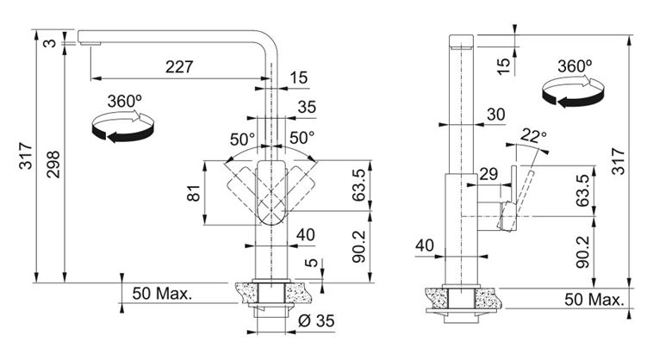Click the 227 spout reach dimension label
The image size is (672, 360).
tap(179, 67)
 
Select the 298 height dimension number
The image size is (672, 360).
tap(53, 164)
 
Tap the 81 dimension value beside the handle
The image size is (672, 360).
tap(194, 193)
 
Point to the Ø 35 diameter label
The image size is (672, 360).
tap(316, 321)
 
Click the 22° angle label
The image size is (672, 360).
tap(533, 135)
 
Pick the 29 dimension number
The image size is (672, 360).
tap(488, 174)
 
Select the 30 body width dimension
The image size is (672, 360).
tap(496, 115)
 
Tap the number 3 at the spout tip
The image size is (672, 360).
tap(51, 43)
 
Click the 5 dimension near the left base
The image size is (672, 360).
tap(314, 263)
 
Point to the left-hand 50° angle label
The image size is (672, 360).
tap(242, 140)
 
